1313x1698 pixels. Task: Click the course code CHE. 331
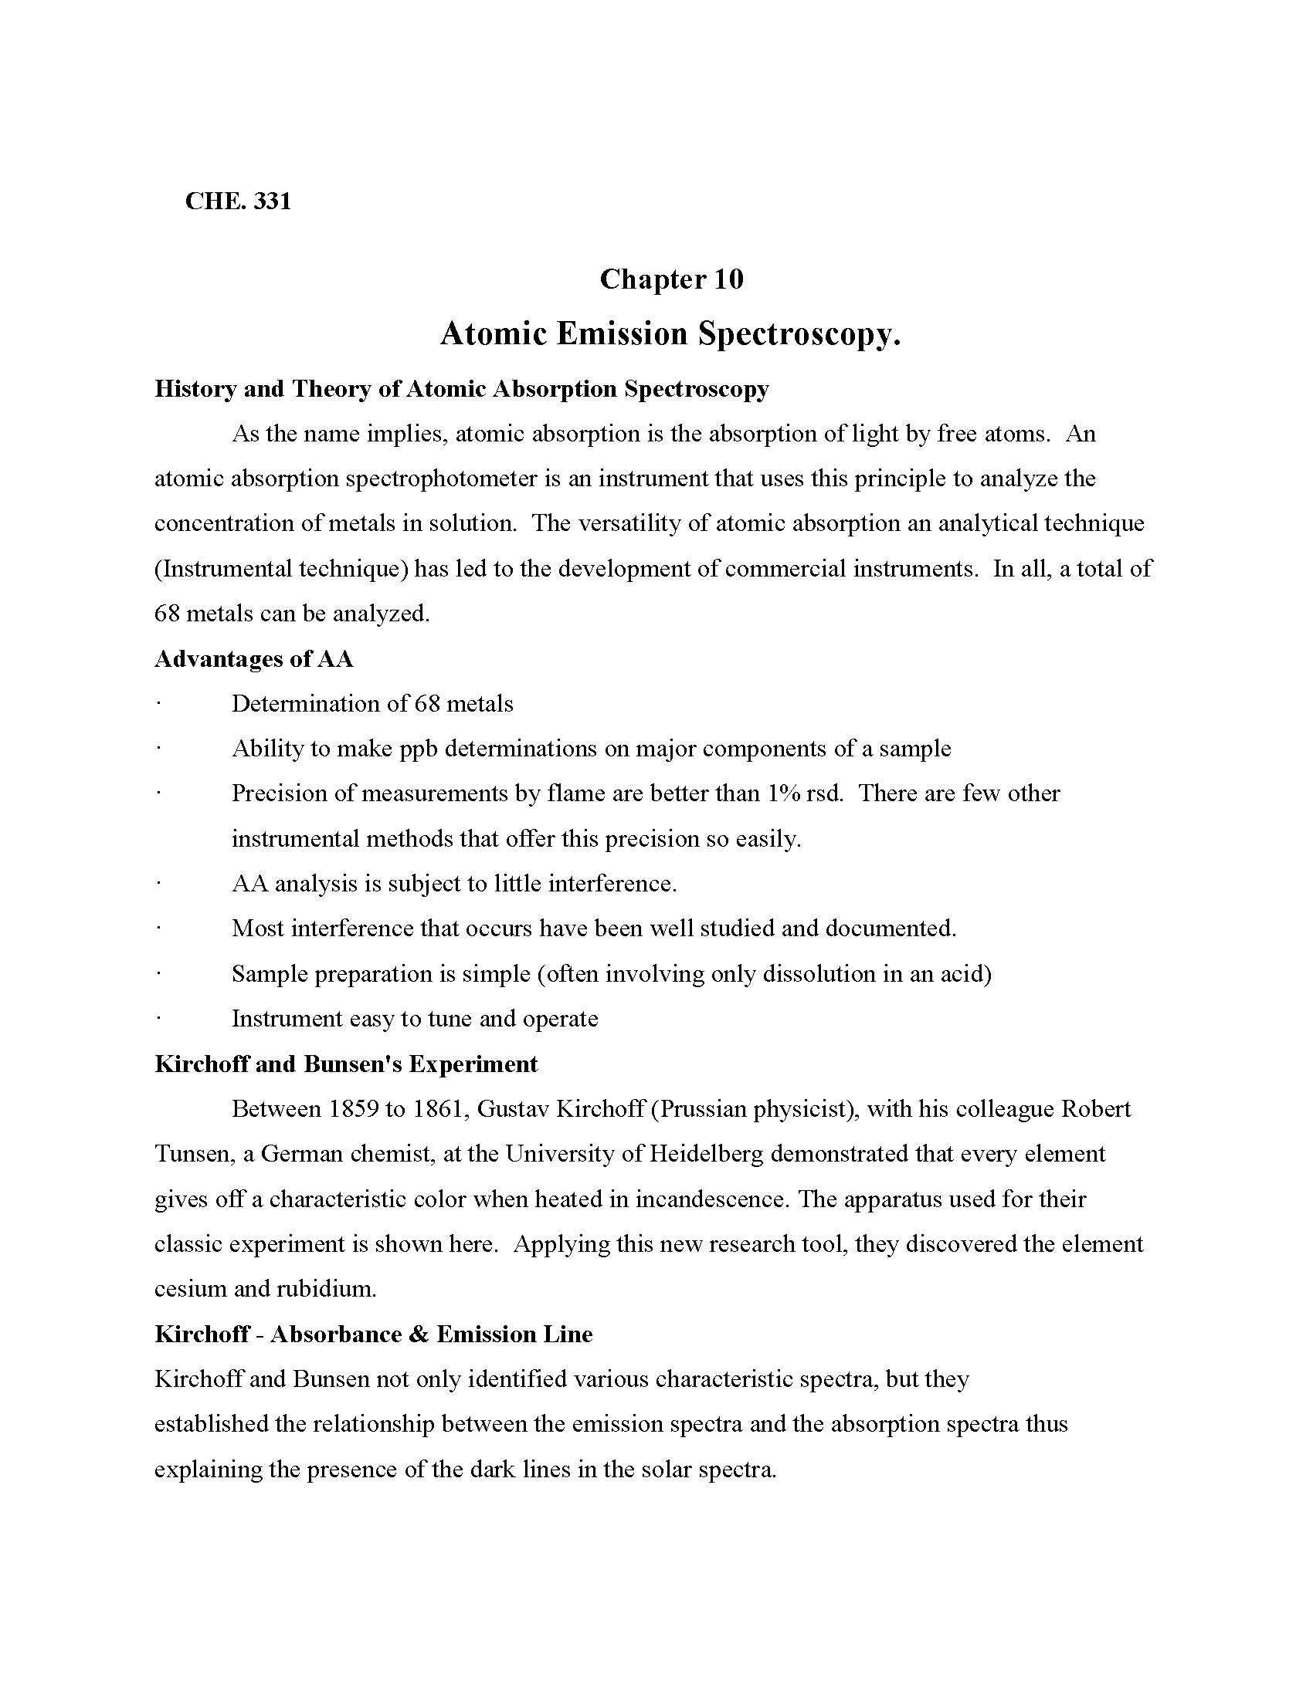(x=238, y=201)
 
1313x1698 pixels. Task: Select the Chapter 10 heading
(x=671, y=279)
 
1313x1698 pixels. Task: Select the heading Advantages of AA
(x=254, y=659)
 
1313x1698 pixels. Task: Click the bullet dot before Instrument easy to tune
(x=158, y=1019)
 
